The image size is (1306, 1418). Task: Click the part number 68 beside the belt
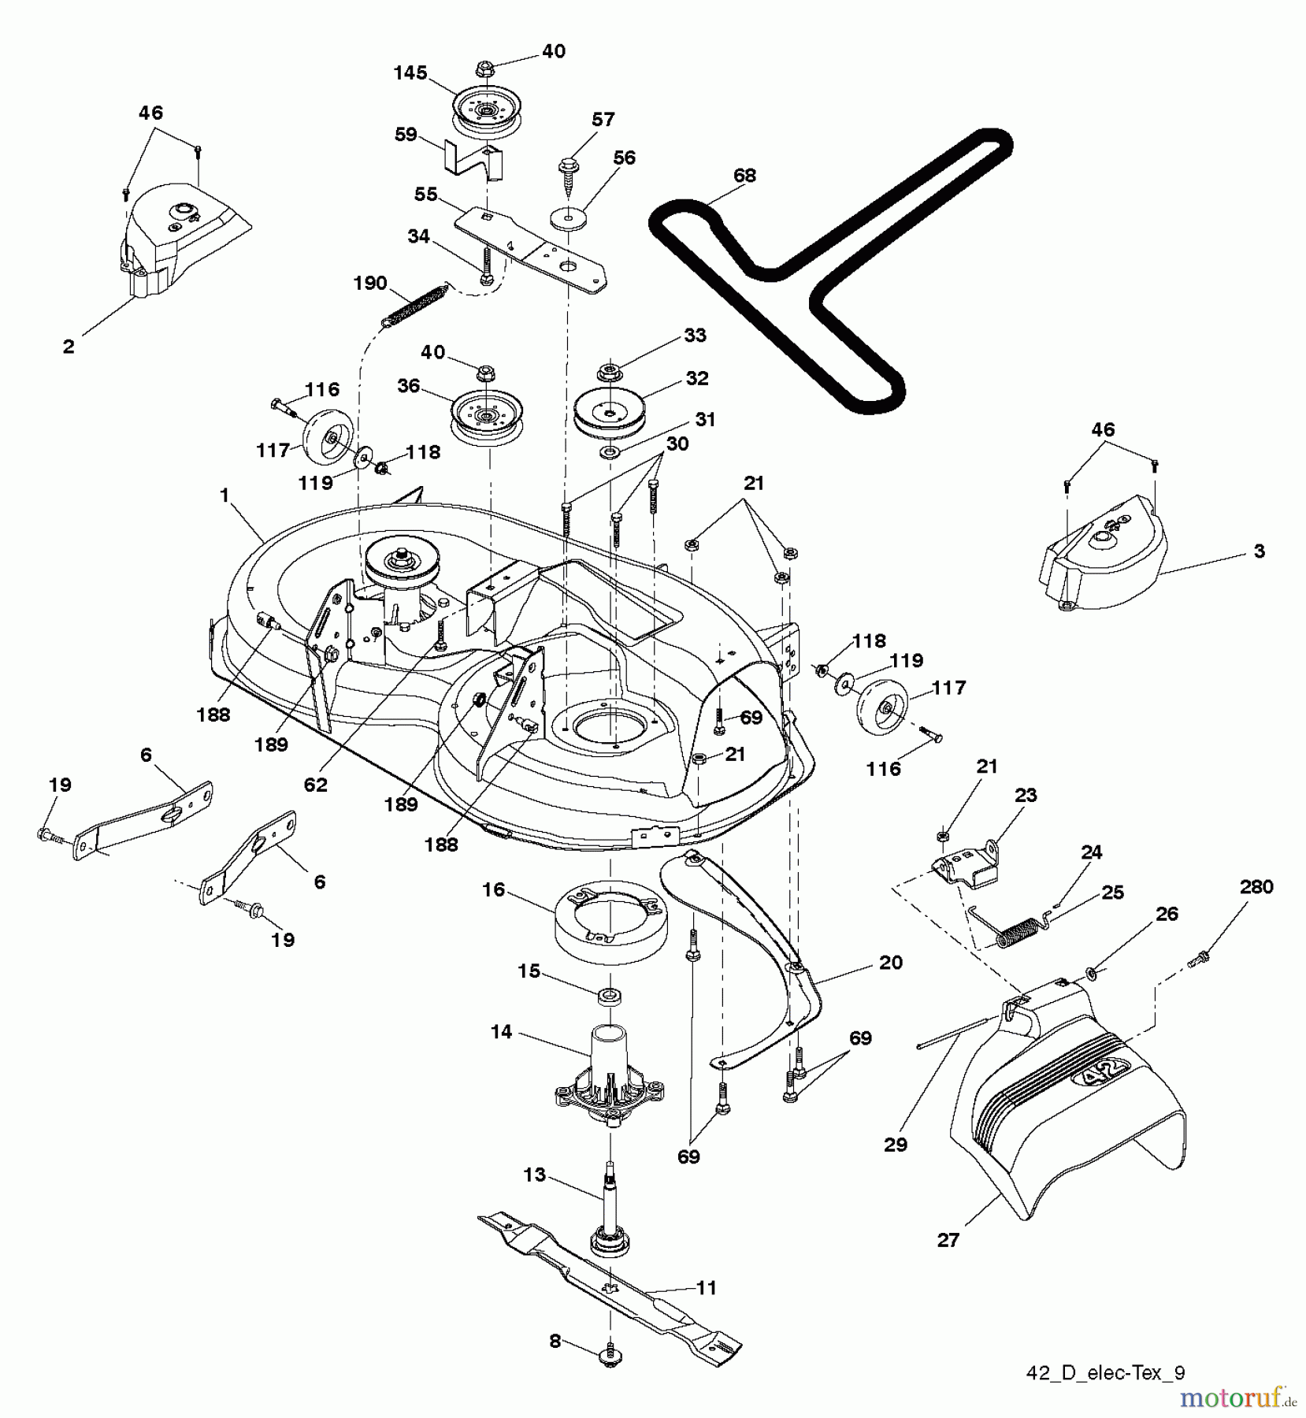coord(744,176)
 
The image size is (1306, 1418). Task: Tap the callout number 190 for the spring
coord(370,283)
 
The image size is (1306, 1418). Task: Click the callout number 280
coord(1256,887)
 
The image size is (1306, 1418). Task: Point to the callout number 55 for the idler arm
coord(425,194)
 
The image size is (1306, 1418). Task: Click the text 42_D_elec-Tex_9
coord(1104,1373)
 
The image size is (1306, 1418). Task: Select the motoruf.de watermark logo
coord(1237,1398)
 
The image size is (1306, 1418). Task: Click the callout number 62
coord(315,785)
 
